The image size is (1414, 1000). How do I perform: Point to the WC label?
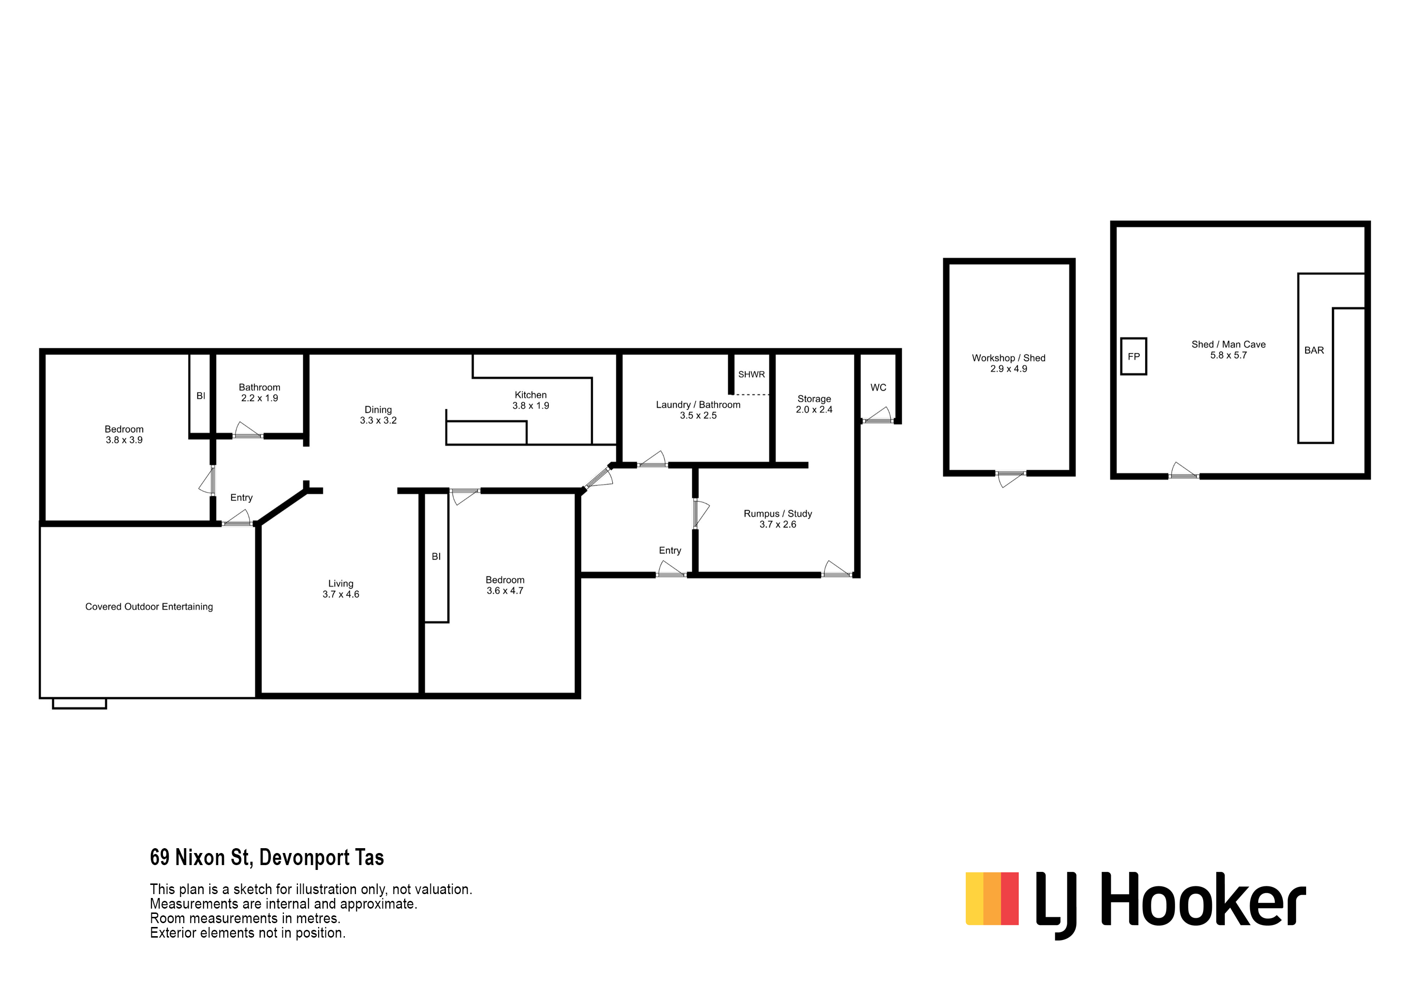coord(878,387)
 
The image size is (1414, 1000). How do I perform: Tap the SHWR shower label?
coord(751,374)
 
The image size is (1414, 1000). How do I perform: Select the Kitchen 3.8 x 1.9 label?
coord(530,400)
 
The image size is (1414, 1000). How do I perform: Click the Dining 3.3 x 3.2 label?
coord(378,415)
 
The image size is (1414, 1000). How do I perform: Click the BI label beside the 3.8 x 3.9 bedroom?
coord(201,396)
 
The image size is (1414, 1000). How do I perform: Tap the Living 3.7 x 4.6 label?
coord(340,588)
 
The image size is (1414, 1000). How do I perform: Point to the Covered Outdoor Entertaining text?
coord(149,606)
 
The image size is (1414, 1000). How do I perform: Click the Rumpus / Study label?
coord(778,514)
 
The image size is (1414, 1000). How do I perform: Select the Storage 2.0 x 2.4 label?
coord(814,404)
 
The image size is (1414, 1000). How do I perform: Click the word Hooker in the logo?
coord(1203,898)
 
